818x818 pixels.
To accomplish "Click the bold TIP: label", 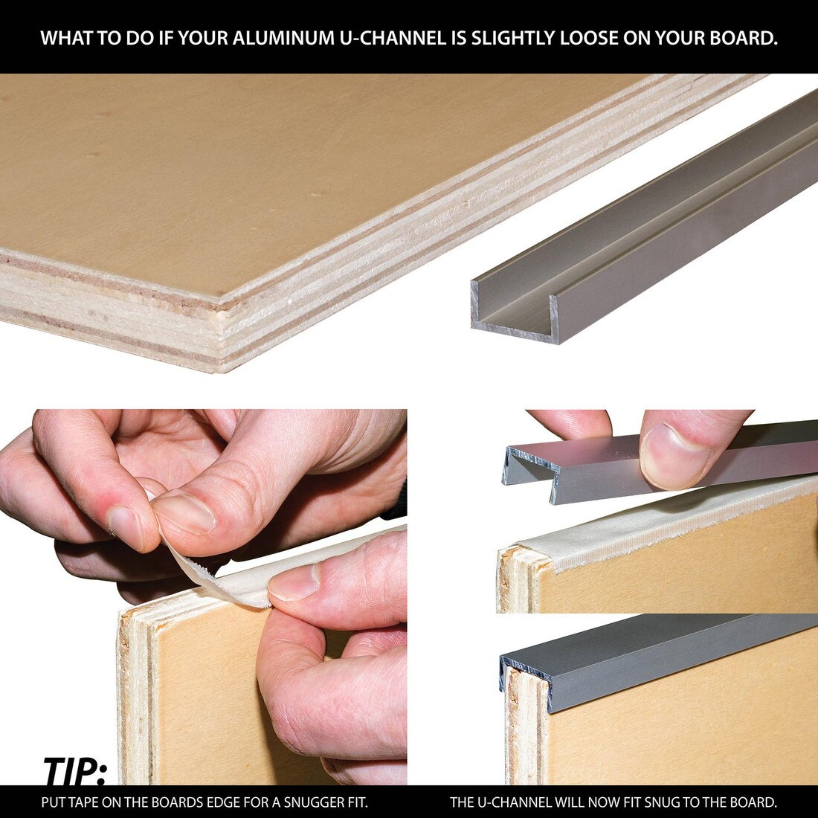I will coord(74,771).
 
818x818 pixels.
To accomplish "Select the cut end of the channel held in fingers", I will coord(530,471).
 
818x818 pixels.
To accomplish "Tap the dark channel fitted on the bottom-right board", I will coord(669,658).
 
